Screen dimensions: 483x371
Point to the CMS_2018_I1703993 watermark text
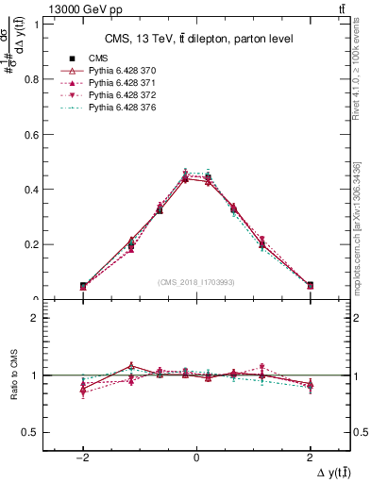point(196,282)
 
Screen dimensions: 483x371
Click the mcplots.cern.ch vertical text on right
point(357,226)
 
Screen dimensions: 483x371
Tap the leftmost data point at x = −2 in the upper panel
point(83,286)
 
